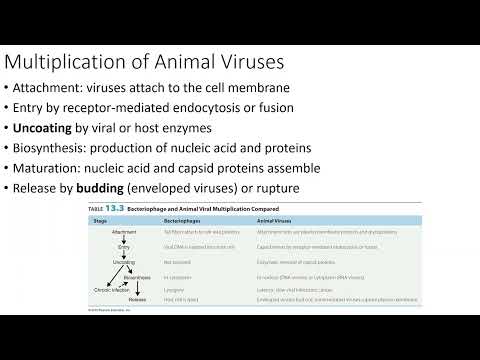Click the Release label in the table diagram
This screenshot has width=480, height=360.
(x=139, y=298)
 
